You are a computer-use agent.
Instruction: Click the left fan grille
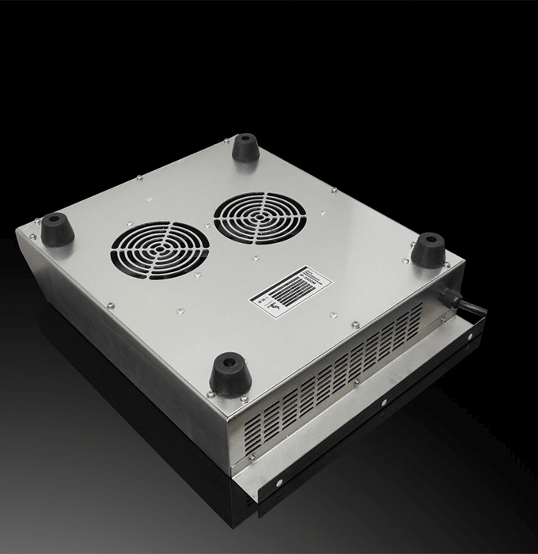coord(160,249)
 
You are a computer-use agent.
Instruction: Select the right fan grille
coord(260,216)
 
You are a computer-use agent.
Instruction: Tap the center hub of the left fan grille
coord(160,249)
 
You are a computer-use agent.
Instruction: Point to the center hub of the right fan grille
coord(260,216)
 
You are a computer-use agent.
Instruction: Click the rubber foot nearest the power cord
coord(428,250)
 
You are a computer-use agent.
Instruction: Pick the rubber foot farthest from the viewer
coord(245,148)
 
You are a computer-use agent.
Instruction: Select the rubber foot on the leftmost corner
coord(57,230)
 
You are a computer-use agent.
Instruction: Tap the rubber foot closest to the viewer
coord(230,374)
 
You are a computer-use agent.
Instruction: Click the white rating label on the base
coord(290,288)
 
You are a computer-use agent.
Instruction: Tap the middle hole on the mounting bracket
coord(384,403)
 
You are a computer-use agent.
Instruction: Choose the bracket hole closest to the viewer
coord(281,479)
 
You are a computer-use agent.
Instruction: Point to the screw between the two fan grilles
coord(207,226)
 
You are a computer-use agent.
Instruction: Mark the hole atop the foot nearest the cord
coord(427,238)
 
